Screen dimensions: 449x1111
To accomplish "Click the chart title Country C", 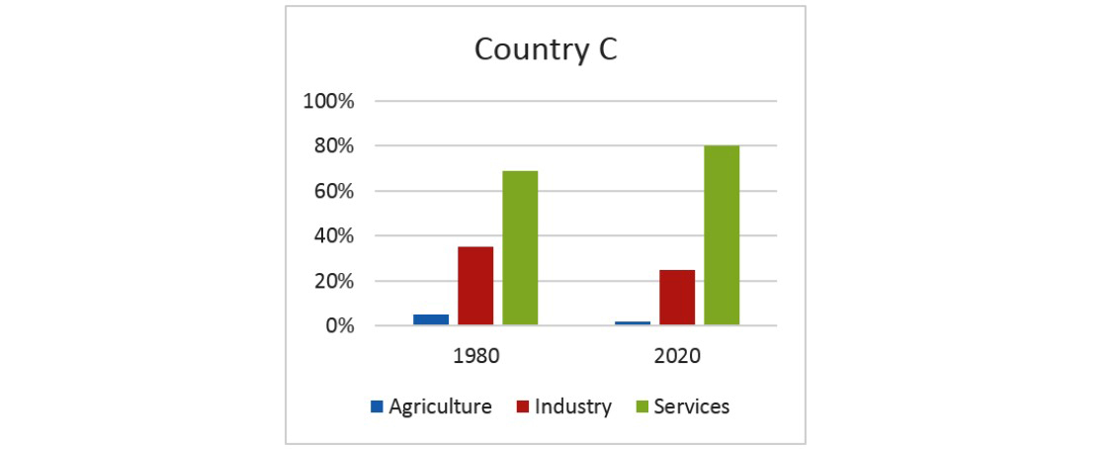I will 546,49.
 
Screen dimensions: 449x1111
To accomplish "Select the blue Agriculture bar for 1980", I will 431,319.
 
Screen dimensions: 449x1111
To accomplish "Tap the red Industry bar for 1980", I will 475,286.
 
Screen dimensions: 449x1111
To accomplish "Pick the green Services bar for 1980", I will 520,248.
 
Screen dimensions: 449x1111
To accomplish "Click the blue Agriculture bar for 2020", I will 633,322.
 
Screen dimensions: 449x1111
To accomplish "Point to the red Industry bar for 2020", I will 677,297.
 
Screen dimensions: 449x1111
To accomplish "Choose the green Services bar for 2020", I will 722,235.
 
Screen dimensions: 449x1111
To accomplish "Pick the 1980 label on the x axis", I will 475,356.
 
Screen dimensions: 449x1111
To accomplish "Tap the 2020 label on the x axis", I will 677,356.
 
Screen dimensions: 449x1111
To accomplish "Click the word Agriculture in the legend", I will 440,406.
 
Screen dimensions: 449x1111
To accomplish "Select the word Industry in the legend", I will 573,406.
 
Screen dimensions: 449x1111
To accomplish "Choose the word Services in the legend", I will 692,406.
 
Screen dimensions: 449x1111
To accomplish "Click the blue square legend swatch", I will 377,406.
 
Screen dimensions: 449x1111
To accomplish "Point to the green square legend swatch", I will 641,406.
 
